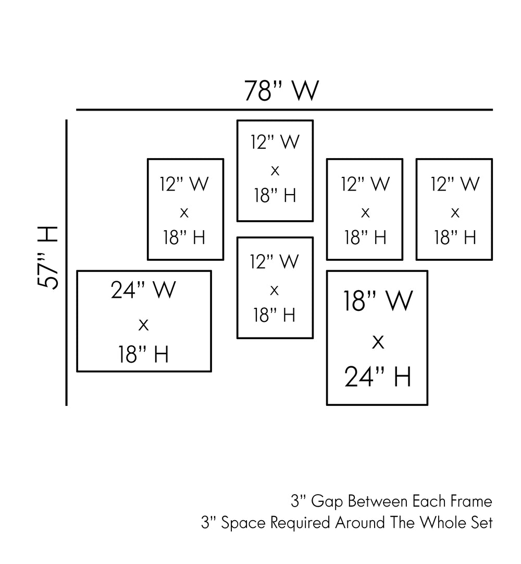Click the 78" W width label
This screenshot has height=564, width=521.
281,91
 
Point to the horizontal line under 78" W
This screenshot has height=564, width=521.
284,110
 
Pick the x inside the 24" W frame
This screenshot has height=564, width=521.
144,325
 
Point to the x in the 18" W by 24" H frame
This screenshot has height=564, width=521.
378,342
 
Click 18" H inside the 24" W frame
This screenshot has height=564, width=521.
143,355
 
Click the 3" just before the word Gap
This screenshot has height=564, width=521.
297,502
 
